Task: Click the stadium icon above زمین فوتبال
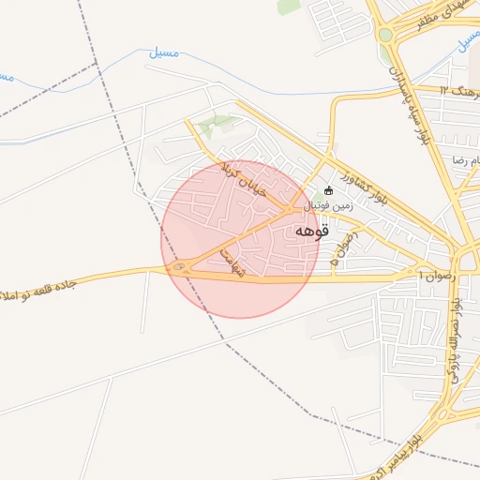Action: pyautogui.click(x=327, y=192)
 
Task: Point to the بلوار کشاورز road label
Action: pyautogui.click(x=335, y=179)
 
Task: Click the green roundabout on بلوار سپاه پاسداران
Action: pyautogui.click(x=385, y=36)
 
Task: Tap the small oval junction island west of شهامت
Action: pyautogui.click(x=177, y=269)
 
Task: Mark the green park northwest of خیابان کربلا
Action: pyautogui.click(x=216, y=123)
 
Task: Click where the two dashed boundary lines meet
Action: pyautogui.click(x=96, y=64)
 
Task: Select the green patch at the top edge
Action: pyautogui.click(x=290, y=7)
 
